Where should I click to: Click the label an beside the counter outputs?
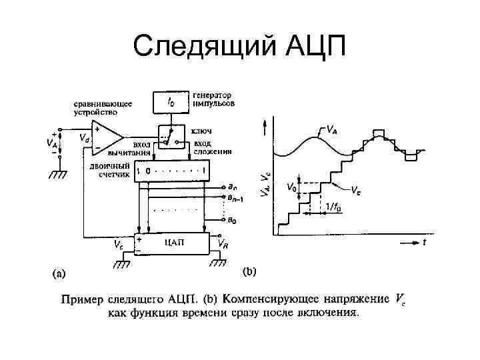(x=233, y=189)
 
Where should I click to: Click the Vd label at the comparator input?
(x=85, y=138)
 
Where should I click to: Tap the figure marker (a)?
(x=59, y=273)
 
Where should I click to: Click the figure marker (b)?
(x=249, y=271)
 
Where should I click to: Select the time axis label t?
(x=425, y=243)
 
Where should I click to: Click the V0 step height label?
(x=291, y=187)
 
